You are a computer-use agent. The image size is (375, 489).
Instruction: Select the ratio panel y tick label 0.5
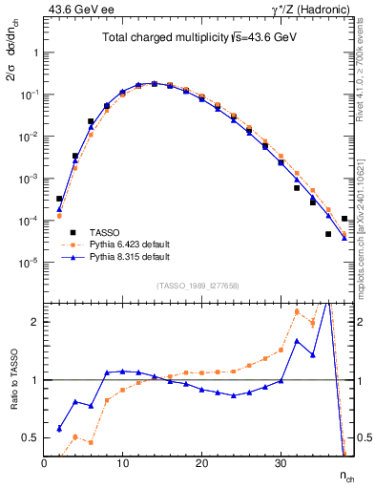30,437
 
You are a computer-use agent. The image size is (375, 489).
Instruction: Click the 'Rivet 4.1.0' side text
363,67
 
